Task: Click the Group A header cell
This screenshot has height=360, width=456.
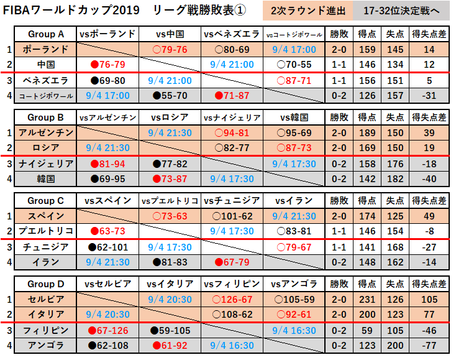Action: point(45,34)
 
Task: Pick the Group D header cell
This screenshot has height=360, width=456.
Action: point(45,284)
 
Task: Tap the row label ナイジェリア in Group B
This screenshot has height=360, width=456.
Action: point(45,164)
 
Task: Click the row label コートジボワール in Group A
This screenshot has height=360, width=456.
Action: point(45,96)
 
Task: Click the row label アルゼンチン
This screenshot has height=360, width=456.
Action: point(45,133)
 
